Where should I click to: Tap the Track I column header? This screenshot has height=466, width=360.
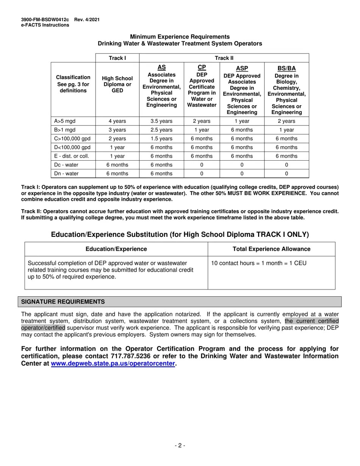[117, 58]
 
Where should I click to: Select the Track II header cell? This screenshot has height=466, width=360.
[224, 58]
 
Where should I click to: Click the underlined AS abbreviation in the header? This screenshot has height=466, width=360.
[161, 67]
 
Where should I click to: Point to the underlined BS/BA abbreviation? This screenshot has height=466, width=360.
[286, 68]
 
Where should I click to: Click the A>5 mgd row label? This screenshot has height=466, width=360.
[65, 121]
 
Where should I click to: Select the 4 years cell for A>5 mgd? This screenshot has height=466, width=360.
[117, 121]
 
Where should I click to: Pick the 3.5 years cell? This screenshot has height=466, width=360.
[161, 121]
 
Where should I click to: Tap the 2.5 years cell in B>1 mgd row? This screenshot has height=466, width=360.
[161, 130]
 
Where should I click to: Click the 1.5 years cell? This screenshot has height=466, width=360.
[161, 139]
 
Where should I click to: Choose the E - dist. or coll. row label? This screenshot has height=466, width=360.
[72, 156]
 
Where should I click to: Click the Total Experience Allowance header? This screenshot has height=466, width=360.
[271, 249]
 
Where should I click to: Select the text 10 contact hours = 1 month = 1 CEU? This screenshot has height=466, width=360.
[258, 263]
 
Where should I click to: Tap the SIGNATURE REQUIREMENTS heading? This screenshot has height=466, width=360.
[63, 302]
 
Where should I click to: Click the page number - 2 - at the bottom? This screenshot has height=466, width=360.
[180, 446]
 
